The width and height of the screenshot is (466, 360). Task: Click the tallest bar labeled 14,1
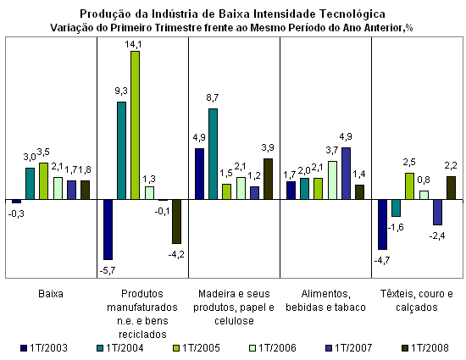(x=136, y=125)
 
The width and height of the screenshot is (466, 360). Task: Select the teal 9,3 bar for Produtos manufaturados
(x=121, y=151)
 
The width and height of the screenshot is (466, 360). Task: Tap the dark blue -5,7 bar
(x=108, y=230)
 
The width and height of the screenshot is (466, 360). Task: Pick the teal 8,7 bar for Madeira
(x=213, y=154)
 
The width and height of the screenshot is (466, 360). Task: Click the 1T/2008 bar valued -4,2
(x=176, y=222)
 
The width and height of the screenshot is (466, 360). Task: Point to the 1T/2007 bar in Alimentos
(x=346, y=174)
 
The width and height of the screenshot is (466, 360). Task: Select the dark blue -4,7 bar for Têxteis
(x=382, y=224)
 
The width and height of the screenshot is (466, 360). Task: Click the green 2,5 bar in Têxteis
(x=409, y=186)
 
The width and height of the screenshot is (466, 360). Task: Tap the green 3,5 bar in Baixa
(x=43, y=181)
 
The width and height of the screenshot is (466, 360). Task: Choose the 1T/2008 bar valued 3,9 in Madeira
(x=268, y=179)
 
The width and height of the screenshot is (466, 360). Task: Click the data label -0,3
(x=16, y=213)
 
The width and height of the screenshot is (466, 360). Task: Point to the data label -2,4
(x=437, y=235)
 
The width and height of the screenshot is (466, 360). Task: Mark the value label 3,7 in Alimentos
(x=332, y=150)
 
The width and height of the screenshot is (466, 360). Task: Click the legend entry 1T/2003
(x=44, y=348)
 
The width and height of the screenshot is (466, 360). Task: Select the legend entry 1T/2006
(x=273, y=348)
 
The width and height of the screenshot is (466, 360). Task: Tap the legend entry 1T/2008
(x=425, y=348)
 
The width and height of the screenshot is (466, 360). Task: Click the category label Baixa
(x=51, y=294)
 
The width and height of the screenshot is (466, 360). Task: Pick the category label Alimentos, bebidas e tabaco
(x=325, y=301)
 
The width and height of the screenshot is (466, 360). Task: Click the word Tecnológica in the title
(x=352, y=14)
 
